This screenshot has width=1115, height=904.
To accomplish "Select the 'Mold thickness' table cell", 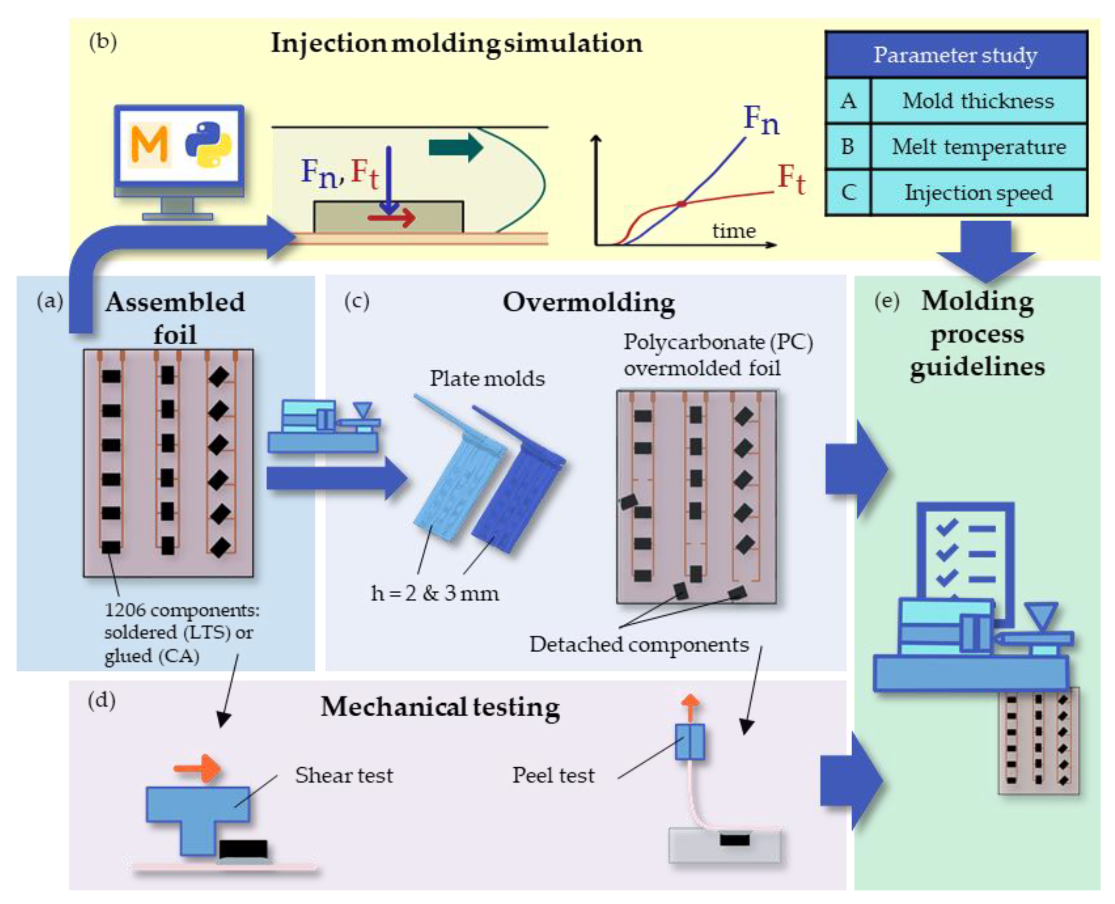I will (x=977, y=101).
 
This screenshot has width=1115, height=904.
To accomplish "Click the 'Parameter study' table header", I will (x=956, y=55).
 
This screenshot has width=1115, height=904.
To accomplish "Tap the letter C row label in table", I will (x=848, y=193).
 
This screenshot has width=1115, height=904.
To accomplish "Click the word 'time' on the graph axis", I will (x=733, y=231).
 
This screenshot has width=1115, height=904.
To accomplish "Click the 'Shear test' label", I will (x=343, y=775).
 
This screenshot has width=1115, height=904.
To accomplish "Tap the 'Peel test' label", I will (x=553, y=775).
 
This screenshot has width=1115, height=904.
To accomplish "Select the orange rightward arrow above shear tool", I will (x=197, y=768).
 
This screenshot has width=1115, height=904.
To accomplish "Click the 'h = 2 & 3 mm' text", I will (x=435, y=593).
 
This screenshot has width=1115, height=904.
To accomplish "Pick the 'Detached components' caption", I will (x=639, y=645).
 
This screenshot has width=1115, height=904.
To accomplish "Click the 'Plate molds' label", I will (x=487, y=379).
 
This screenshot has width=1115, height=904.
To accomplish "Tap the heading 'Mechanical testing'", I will (x=440, y=707).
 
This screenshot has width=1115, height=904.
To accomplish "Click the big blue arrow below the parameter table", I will (x=986, y=250).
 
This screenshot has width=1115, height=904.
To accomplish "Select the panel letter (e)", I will (x=887, y=301).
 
